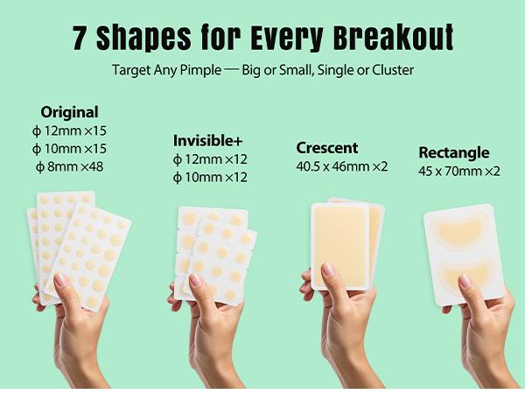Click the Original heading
69,112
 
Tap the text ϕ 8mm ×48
69,166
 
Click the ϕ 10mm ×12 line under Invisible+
210,177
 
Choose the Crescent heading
327,148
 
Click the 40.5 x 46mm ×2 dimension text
342,166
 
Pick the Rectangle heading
453,152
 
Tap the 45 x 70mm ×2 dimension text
458,171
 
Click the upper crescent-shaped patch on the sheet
463,229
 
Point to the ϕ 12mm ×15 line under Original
69,130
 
